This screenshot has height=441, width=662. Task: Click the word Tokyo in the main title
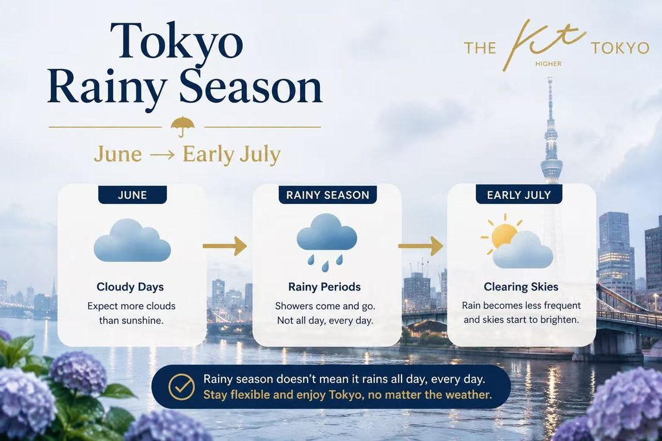click(x=176, y=41)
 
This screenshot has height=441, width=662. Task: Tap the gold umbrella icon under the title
click(x=183, y=126)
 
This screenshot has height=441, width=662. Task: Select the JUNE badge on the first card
click(x=133, y=195)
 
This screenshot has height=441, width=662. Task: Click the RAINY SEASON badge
click(x=328, y=195)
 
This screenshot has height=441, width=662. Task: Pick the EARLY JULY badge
click(x=519, y=195)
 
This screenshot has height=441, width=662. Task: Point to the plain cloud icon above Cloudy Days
click(x=132, y=240)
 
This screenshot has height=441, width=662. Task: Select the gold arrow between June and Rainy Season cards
click(x=224, y=246)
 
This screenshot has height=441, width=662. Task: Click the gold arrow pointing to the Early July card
click(x=420, y=246)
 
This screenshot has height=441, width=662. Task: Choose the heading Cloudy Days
click(x=130, y=287)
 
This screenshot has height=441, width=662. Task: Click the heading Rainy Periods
click(x=325, y=287)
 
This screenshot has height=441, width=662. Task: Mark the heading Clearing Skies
click(x=521, y=287)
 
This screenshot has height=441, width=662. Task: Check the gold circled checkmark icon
click(x=182, y=387)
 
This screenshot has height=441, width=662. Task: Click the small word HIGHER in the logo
click(x=548, y=64)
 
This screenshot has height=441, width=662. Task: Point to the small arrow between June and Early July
click(x=162, y=155)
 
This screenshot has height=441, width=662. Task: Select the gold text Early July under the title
click(x=231, y=155)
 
